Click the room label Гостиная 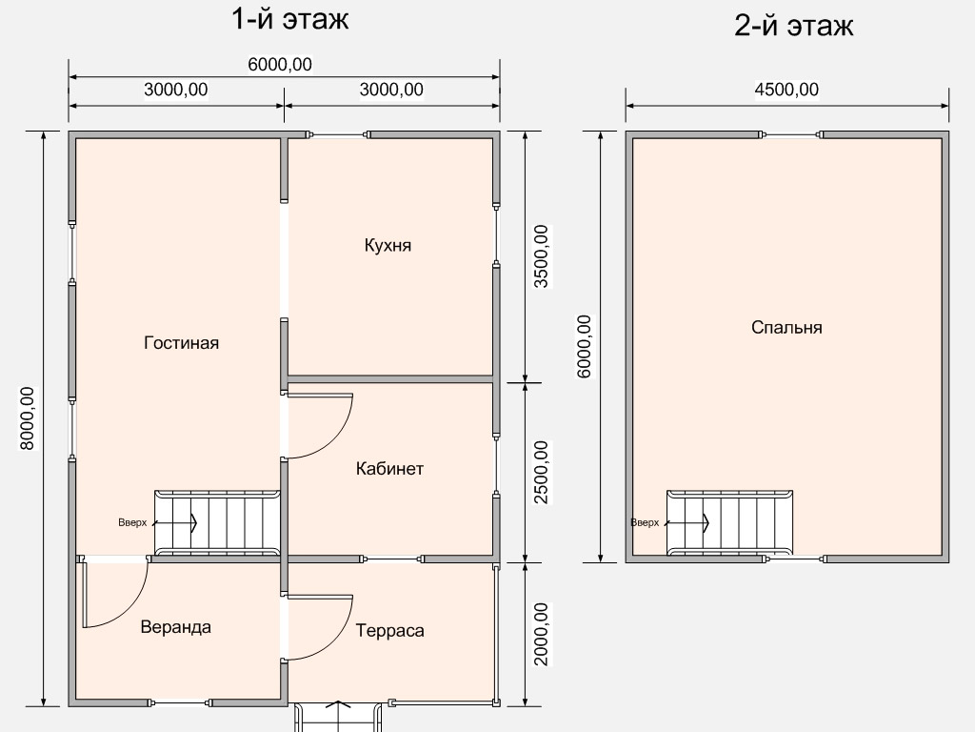click(x=181, y=343)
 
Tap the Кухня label click(x=388, y=245)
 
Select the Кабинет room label click(x=389, y=469)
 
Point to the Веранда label click(x=175, y=627)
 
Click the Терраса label click(x=389, y=631)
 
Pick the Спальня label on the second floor click(x=786, y=328)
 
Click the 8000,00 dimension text click(x=28, y=418)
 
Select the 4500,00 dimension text click(x=786, y=90)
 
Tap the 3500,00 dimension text click(x=542, y=256)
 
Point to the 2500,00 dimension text click(x=542, y=472)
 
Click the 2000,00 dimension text click(x=542, y=634)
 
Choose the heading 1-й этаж click(x=289, y=19)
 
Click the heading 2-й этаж click(x=793, y=26)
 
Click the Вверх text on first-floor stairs click(x=132, y=523)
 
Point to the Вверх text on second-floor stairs click(x=645, y=523)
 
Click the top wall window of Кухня click(x=339, y=134)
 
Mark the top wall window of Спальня click(x=791, y=134)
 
